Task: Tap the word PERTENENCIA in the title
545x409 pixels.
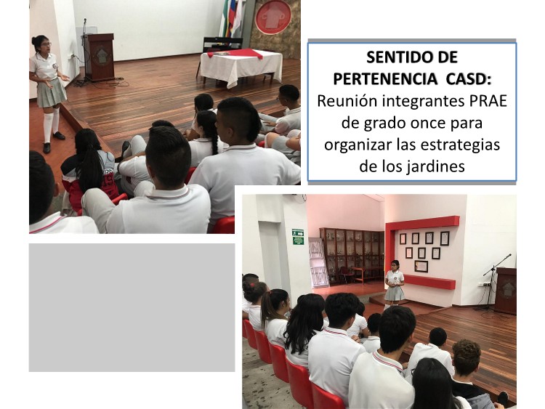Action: point(384,79)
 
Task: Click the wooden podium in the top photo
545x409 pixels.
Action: point(100,57)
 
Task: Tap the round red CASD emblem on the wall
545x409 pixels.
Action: point(273,17)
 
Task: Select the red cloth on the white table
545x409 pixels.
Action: point(235,54)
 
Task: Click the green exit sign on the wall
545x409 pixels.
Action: point(298,237)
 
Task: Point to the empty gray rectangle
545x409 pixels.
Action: point(132,307)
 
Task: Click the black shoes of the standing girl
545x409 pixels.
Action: point(52,142)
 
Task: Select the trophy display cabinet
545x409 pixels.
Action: point(352,254)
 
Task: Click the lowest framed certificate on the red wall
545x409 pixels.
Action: point(421,266)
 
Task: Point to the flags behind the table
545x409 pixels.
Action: point(233,18)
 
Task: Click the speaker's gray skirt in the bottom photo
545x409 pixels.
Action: point(394,293)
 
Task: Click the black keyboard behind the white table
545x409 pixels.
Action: point(222,43)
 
